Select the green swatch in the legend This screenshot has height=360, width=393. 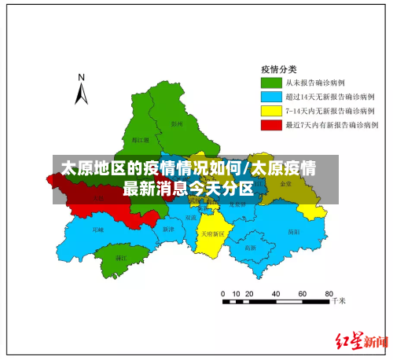point(271,82)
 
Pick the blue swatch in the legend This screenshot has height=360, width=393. point(271,96)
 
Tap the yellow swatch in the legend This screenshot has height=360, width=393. point(271,110)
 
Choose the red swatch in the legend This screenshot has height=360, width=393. point(271,124)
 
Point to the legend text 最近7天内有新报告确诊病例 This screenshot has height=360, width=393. point(331,124)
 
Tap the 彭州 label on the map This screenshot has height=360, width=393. point(176,123)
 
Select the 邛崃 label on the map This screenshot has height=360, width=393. point(97,230)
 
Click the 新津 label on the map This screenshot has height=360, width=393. point(167,229)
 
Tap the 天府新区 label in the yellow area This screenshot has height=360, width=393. point(211,233)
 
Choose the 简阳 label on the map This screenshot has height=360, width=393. point(294,231)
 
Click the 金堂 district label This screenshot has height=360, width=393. point(285,183)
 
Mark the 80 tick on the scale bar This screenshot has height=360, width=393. point(326,293)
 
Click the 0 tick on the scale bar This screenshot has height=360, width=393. point(224,293)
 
